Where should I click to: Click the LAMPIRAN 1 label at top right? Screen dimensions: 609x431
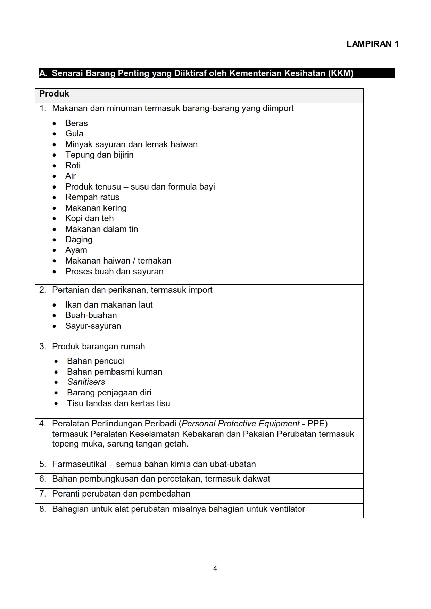[x=372, y=44]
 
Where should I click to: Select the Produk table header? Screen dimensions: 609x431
[x=54, y=94]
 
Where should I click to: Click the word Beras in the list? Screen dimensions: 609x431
[x=76, y=123]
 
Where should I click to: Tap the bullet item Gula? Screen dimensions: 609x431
[x=74, y=134]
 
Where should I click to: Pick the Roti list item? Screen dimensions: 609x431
[x=73, y=166]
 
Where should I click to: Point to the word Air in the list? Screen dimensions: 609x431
[x=71, y=176]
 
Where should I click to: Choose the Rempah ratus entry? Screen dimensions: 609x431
[x=92, y=197]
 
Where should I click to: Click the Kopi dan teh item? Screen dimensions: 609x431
[x=89, y=218]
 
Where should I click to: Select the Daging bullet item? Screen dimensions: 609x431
[x=79, y=240]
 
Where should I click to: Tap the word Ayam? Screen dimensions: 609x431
[x=76, y=250]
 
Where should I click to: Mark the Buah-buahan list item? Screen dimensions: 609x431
[x=91, y=315]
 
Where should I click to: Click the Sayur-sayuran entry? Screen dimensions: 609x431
[x=93, y=326]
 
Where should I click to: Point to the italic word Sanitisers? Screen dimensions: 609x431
[x=86, y=382]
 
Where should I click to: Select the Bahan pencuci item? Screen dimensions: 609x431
[x=96, y=361]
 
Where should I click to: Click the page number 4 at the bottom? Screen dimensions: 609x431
[x=215, y=568]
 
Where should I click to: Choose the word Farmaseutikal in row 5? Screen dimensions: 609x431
[x=79, y=464]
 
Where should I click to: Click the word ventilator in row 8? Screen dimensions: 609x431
[x=287, y=509]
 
